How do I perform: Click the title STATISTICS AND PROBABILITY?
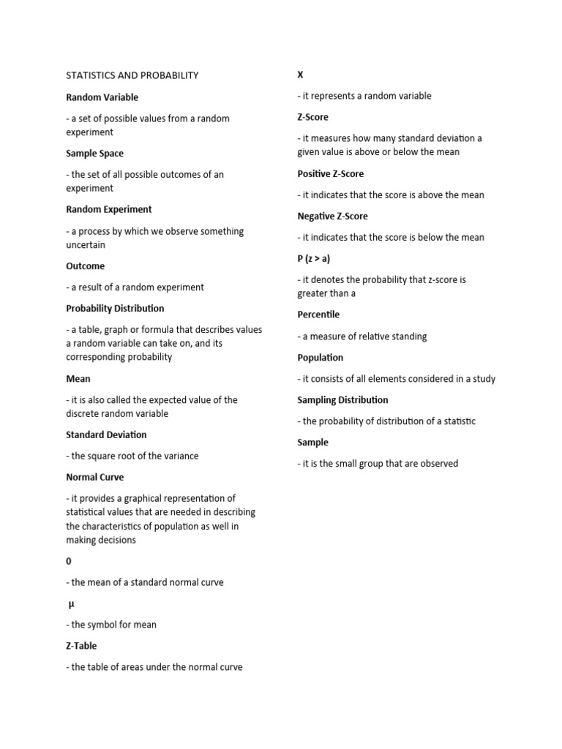(x=132, y=75)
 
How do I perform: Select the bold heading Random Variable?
(x=102, y=97)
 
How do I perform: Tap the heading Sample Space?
(x=94, y=154)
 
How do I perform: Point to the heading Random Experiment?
(x=108, y=209)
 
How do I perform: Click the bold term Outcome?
(x=85, y=266)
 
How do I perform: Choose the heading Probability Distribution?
(x=115, y=309)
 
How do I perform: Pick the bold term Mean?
(x=78, y=379)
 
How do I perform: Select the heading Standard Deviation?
(x=106, y=434)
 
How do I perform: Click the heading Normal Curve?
(x=94, y=477)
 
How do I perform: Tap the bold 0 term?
(x=69, y=561)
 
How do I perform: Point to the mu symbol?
(x=72, y=604)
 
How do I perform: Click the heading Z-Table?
(x=80, y=646)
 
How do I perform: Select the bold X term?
(x=300, y=75)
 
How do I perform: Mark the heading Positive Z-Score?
(x=330, y=174)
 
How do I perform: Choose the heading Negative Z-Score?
(x=332, y=217)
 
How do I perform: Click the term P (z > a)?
(x=313, y=259)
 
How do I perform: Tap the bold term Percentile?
(x=318, y=315)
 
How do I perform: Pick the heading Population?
(x=320, y=358)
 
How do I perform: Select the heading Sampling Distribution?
(x=342, y=400)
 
